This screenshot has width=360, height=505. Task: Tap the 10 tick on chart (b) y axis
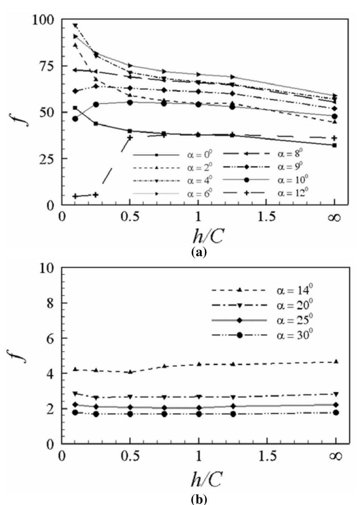[50, 268]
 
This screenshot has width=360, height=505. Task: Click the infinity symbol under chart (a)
[334, 217]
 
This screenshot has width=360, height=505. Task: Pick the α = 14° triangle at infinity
[336, 362]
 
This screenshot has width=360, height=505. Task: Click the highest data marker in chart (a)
[75, 26]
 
